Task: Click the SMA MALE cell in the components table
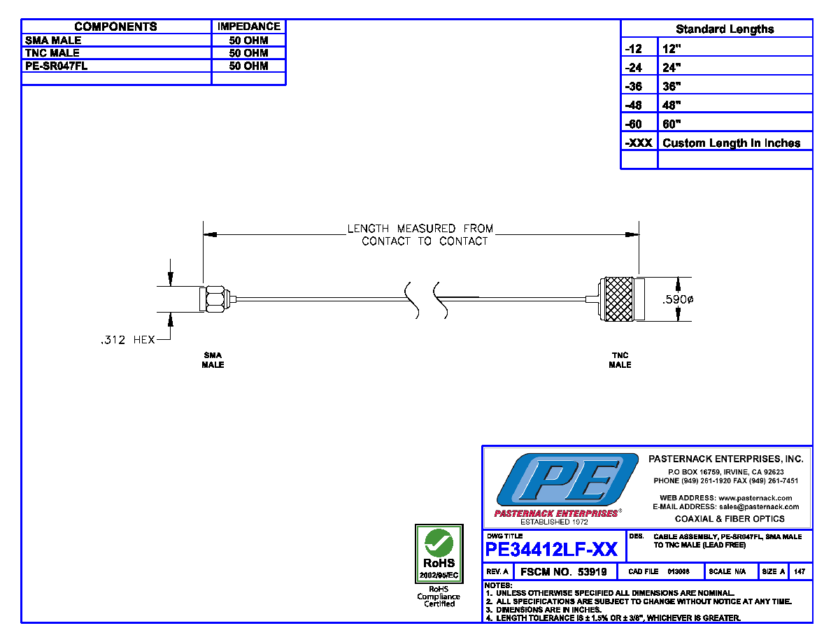coord(53,41)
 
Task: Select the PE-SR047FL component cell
coord(56,66)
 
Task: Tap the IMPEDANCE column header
coord(248,27)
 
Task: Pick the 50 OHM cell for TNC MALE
coord(248,53)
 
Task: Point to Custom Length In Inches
coord(732,143)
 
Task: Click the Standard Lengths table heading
coord(725,29)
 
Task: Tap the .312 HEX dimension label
coord(128,340)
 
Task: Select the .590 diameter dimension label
coord(678,299)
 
